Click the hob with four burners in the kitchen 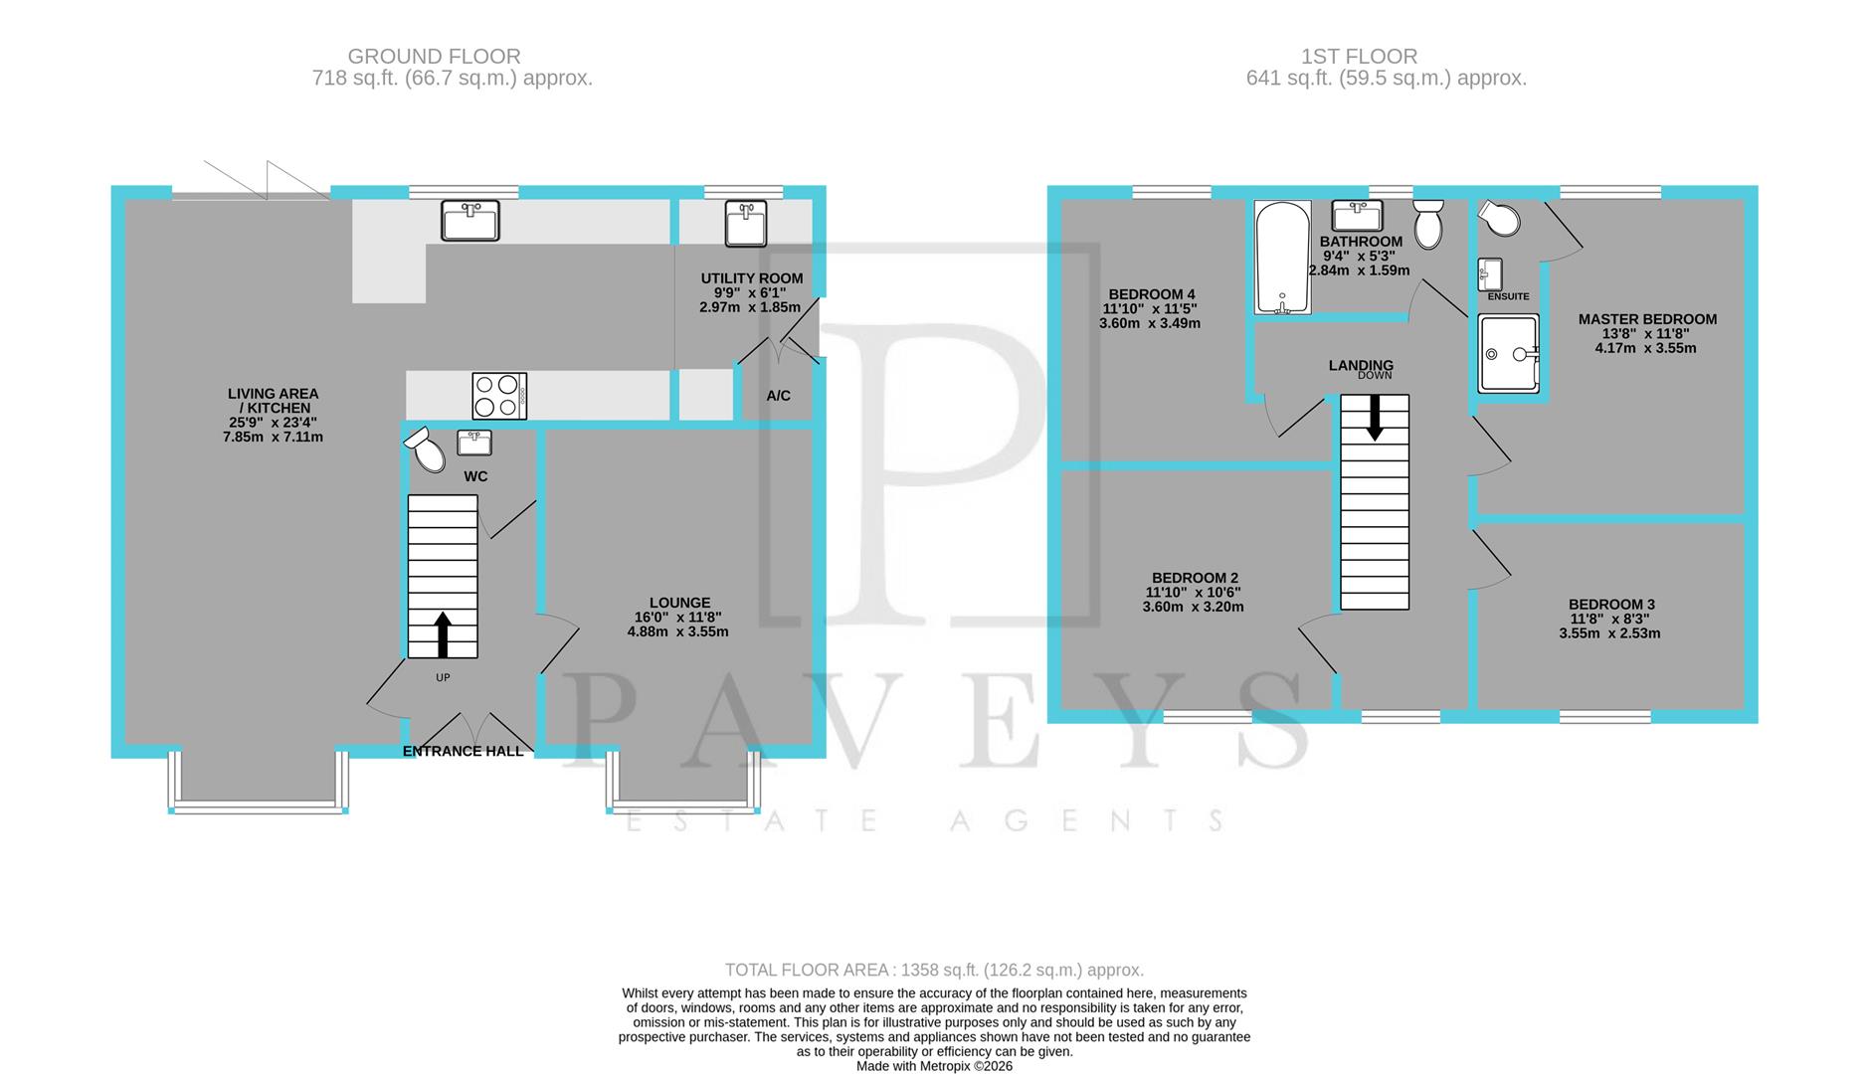point(499,395)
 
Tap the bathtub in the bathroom point(1282,257)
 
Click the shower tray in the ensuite point(1507,353)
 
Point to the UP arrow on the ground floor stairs point(443,634)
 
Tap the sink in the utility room point(745,223)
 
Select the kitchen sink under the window point(470,221)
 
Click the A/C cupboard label point(778,396)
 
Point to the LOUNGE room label point(679,603)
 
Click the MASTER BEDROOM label point(1647,319)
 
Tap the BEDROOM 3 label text point(1611,605)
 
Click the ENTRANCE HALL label point(463,752)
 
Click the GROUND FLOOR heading point(434,57)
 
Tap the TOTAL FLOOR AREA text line point(934,970)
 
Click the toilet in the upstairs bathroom point(1428,223)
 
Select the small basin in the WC point(474,442)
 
